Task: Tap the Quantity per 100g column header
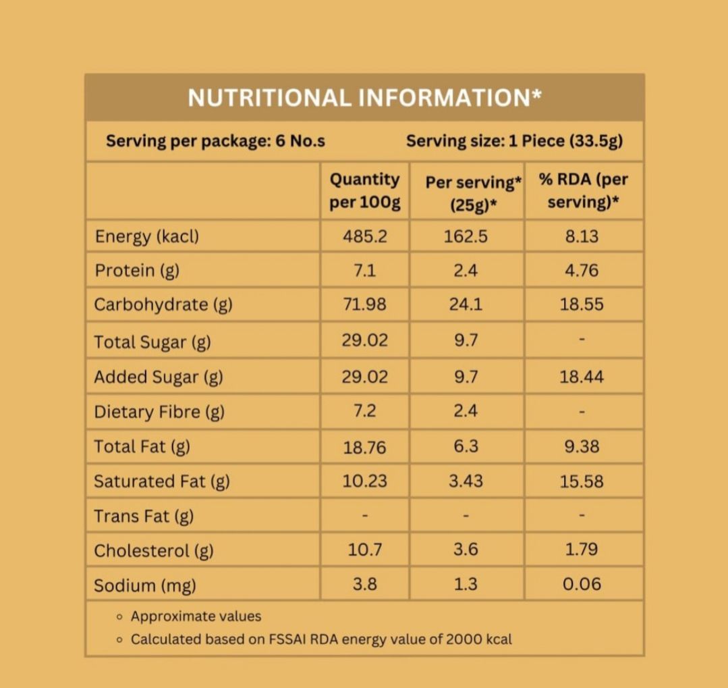point(364,190)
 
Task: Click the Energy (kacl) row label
point(147,236)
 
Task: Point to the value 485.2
point(364,236)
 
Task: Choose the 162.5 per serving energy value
point(466,236)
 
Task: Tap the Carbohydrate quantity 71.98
point(364,305)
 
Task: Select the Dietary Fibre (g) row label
point(159,411)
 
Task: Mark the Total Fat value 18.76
point(364,447)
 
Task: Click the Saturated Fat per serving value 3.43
point(466,481)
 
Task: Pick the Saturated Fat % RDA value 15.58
point(581,481)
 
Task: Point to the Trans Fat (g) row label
point(144,517)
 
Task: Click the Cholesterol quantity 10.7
point(364,550)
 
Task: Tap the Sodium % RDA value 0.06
point(581,585)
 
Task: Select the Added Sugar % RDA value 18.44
point(581,377)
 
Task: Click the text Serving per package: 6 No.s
point(215,141)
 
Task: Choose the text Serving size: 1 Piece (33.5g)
point(514,141)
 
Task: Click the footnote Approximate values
point(196,616)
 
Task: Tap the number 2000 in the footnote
point(464,639)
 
